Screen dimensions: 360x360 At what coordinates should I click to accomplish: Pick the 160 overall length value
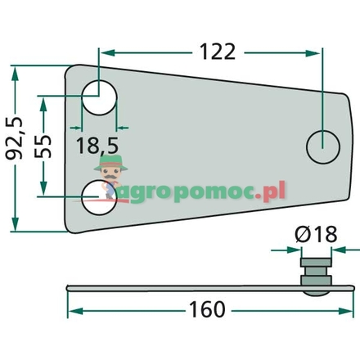(205, 310)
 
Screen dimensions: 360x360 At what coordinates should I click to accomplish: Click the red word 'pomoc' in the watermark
(223, 191)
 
